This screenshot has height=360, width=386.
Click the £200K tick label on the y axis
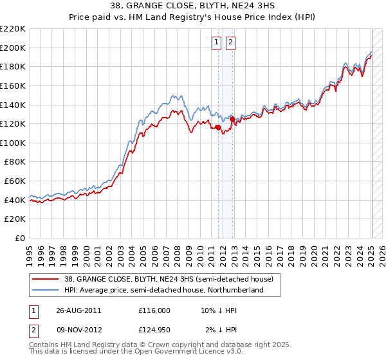[x=13, y=48]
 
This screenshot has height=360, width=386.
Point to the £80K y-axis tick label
[x=15, y=162]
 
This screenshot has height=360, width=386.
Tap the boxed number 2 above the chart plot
[x=230, y=43]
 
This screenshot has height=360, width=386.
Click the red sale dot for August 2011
[x=218, y=128]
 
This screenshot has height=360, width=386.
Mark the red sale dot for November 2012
[x=232, y=119]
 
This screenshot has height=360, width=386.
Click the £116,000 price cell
[x=154, y=310]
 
